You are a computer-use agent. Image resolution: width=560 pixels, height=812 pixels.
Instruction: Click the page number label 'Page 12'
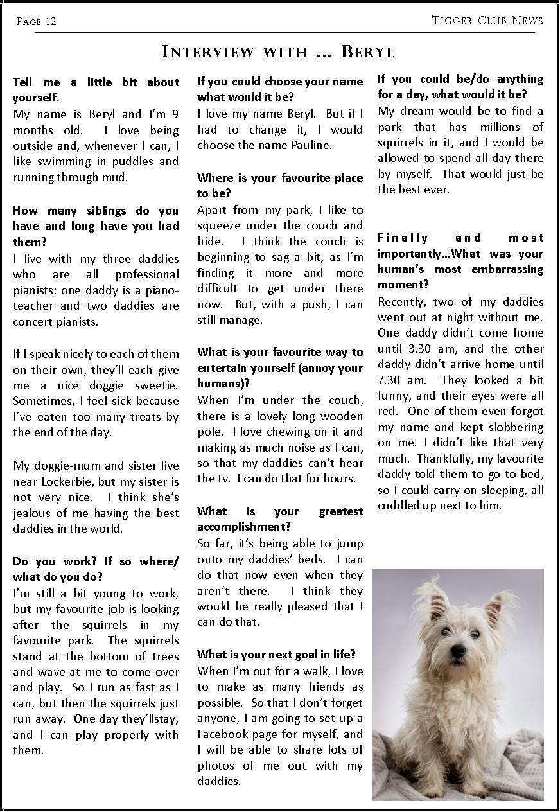37,22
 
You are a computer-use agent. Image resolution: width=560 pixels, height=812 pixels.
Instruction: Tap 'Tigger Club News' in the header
487,21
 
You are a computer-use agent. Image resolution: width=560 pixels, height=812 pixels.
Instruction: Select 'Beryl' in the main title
367,51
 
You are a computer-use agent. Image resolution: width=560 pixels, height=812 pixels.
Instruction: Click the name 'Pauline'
309,145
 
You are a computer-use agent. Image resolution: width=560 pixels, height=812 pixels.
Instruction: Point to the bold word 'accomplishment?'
244,527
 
